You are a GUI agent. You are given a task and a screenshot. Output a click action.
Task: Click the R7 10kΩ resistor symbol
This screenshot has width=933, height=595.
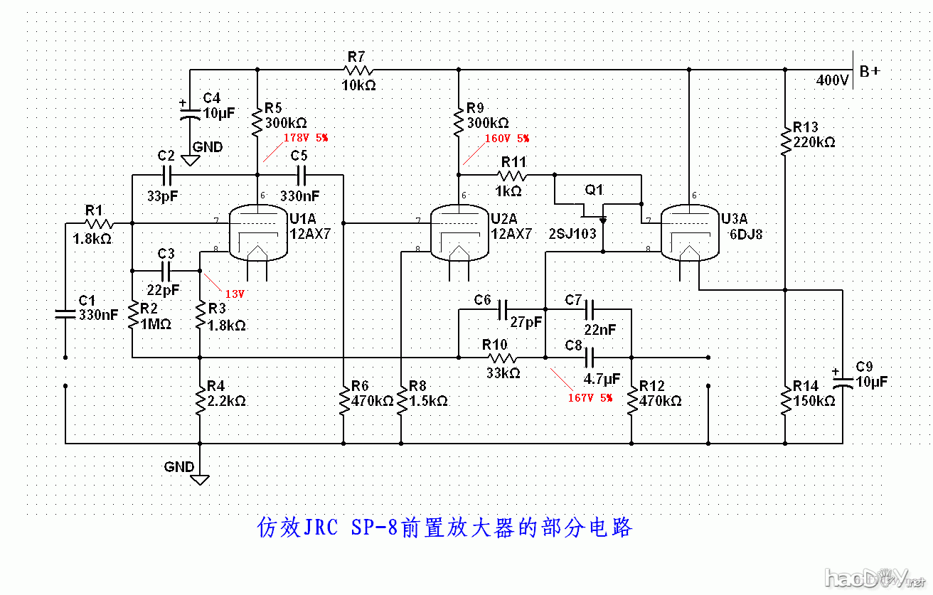pyautogui.click(x=358, y=70)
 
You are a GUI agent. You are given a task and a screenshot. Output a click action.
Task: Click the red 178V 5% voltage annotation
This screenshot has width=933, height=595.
pyautogui.click(x=306, y=137)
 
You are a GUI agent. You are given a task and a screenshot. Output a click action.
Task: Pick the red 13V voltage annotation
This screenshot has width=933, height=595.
pyautogui.click(x=235, y=293)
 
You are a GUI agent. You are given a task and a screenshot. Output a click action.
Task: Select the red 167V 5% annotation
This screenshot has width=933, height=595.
pyautogui.click(x=590, y=397)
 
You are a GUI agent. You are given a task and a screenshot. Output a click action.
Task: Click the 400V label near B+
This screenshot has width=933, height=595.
pyautogui.click(x=832, y=80)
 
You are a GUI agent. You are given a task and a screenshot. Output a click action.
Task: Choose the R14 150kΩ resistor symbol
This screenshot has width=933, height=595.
pyautogui.click(x=785, y=400)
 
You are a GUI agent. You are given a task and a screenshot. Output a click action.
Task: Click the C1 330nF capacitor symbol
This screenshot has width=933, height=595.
pyautogui.click(x=65, y=313)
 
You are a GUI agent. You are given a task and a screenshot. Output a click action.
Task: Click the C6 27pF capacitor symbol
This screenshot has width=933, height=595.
pyautogui.click(x=503, y=310)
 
